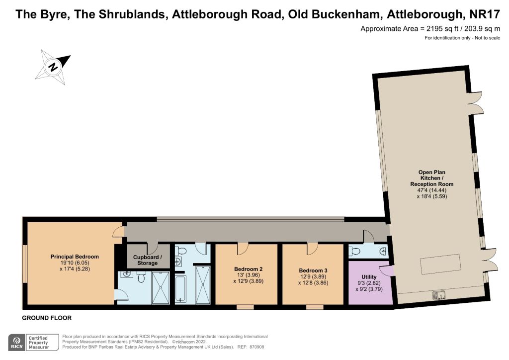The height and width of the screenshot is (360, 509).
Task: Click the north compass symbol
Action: (53, 67)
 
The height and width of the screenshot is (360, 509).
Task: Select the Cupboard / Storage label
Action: (147, 260)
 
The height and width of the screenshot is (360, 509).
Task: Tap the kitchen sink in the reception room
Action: (438, 295)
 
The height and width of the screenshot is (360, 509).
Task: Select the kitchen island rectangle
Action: (441, 265)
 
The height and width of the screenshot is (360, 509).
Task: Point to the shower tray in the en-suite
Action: (161, 288)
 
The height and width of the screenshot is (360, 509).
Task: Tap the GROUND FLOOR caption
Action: (47, 318)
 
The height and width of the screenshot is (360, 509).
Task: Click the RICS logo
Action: (16, 343)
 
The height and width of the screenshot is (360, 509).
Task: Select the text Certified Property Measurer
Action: (38, 343)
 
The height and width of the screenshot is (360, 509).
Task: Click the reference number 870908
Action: (257, 347)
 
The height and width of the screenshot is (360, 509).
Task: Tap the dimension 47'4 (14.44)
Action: (432, 190)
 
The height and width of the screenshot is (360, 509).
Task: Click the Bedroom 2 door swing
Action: (243, 249)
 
